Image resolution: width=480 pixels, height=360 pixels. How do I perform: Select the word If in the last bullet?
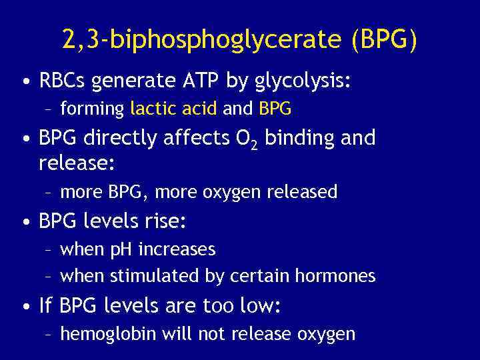point(45,306)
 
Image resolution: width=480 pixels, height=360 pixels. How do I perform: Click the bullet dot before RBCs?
point(25,83)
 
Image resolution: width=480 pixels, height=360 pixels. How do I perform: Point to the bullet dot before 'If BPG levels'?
point(25,307)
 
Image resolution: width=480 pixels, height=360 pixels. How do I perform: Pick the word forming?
point(92,109)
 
